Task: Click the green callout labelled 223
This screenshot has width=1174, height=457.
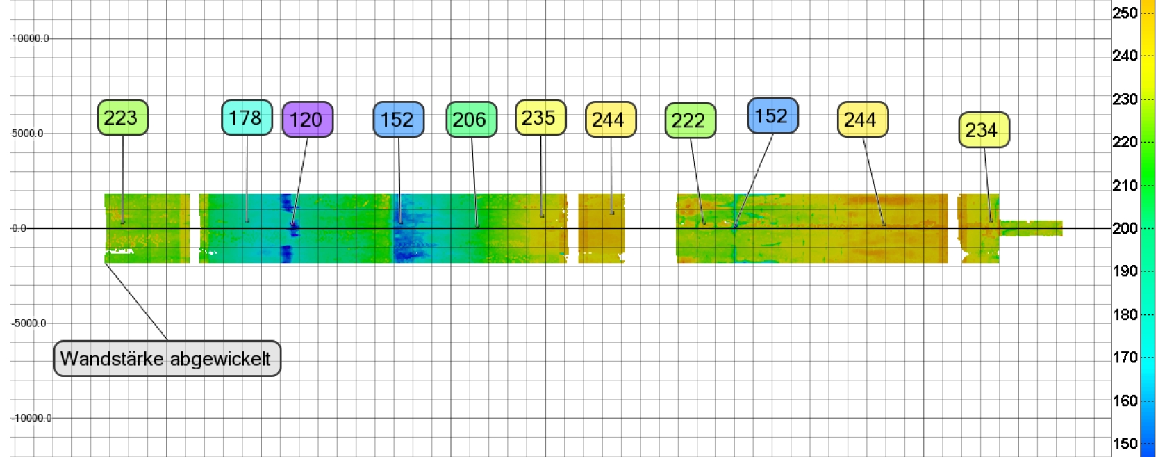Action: tap(122, 118)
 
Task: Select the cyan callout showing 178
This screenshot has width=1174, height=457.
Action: tap(247, 118)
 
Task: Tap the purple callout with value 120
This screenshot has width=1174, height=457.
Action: tap(307, 120)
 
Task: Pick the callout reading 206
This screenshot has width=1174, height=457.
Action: tap(471, 120)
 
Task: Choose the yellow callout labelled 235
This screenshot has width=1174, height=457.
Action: tap(540, 118)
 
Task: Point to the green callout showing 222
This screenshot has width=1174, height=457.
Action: tap(690, 120)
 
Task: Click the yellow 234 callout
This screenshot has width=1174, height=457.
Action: tap(983, 130)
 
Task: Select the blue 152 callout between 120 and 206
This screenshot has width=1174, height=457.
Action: tap(398, 120)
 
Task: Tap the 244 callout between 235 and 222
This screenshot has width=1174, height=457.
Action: tap(610, 120)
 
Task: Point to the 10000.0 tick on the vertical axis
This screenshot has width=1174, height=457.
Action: tap(31, 39)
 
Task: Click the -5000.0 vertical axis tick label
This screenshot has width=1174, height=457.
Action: tap(29, 323)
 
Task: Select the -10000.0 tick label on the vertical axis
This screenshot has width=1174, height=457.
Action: tap(32, 418)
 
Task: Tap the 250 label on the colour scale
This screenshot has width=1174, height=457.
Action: tap(1125, 13)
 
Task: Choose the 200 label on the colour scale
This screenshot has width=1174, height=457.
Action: tap(1125, 228)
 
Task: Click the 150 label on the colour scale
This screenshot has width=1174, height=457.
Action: tap(1125, 444)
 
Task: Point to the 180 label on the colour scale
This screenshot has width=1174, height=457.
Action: tap(1125, 314)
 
